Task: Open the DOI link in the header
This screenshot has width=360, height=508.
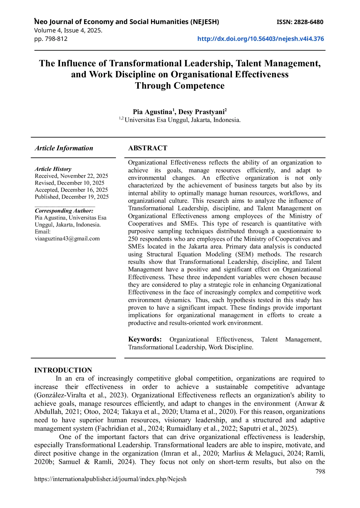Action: pos(260,39)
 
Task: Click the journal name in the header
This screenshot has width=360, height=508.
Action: pos(127,22)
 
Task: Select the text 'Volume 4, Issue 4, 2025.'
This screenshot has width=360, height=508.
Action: pos(68,30)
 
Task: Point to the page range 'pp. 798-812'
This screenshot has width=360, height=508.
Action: pos(51,39)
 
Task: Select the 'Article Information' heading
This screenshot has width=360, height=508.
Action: pos(64,148)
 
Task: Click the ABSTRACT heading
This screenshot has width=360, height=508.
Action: pos(148,148)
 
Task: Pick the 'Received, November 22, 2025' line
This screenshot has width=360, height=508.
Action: pos(71,176)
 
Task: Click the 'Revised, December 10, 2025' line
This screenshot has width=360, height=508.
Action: pos(70,183)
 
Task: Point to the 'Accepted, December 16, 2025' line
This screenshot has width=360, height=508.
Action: pos(71,190)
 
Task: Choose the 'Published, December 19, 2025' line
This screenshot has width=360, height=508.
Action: pos(72,197)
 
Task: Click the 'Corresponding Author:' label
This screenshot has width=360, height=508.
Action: pos(64,211)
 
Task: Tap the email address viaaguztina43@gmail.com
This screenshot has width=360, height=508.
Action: pos(67,239)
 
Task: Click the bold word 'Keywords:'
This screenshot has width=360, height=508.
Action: pos(145,339)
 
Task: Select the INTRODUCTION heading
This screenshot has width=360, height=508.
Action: pos(63,370)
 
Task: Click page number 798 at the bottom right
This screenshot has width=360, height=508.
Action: pos(320,472)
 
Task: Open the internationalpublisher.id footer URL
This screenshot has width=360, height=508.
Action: pos(110,479)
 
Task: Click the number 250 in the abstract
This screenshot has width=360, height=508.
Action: pos(134,239)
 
